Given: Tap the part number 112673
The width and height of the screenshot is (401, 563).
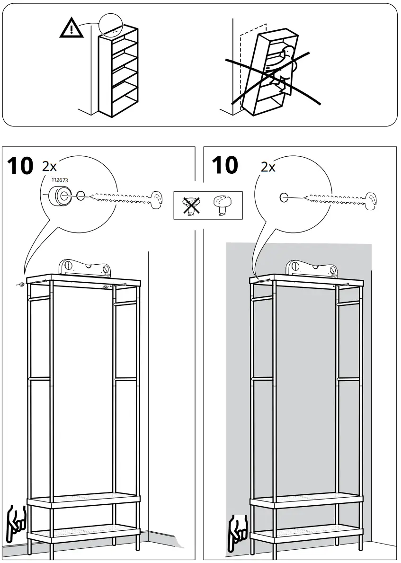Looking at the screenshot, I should pyautogui.click(x=56, y=180).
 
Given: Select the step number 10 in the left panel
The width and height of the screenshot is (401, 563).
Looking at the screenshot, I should pyautogui.click(x=20, y=166).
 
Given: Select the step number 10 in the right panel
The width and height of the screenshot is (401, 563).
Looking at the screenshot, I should pyautogui.click(x=224, y=166).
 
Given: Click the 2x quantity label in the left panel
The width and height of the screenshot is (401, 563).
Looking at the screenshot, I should pyautogui.click(x=49, y=166).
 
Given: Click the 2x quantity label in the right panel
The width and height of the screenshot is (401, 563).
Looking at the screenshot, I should pyautogui.click(x=268, y=167).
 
